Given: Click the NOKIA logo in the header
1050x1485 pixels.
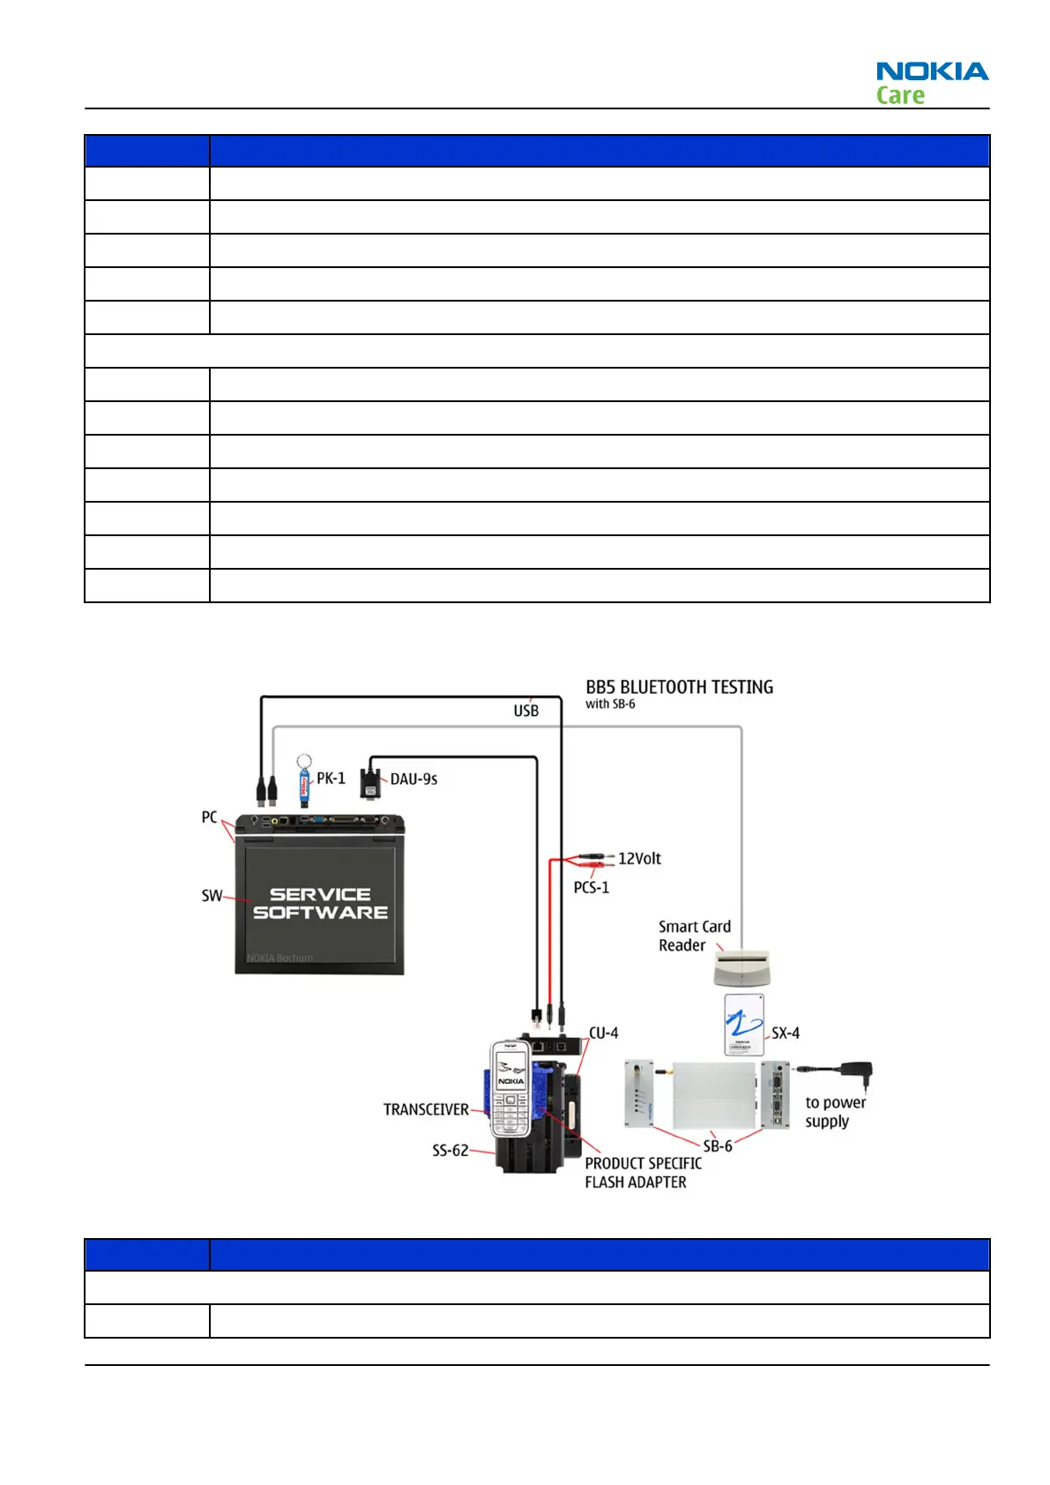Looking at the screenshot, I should [x=932, y=71].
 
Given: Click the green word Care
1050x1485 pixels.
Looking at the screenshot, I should [x=900, y=95].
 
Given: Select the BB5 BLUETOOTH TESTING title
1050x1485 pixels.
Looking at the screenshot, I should [x=679, y=687].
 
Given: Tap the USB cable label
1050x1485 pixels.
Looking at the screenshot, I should [x=526, y=710].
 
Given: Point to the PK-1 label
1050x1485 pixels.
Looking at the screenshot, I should [x=331, y=778].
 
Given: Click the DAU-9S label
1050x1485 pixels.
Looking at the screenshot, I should [x=413, y=779].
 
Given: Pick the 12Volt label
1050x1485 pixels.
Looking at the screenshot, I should [x=639, y=858].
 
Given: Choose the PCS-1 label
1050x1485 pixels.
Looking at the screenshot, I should [x=591, y=887].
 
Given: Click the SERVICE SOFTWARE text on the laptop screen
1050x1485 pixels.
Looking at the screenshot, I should [x=320, y=903].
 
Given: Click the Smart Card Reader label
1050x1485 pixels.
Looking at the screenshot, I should [x=694, y=936].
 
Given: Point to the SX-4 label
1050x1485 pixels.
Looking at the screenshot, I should [x=786, y=1033].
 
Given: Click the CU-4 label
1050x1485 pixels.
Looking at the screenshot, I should [x=604, y=1033].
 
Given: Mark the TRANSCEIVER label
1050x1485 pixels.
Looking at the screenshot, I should [x=426, y=1109].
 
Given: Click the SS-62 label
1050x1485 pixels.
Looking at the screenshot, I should [x=450, y=1150].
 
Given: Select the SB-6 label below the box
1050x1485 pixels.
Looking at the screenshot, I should [x=717, y=1145].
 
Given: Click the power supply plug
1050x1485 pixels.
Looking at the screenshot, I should [x=856, y=1074].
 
